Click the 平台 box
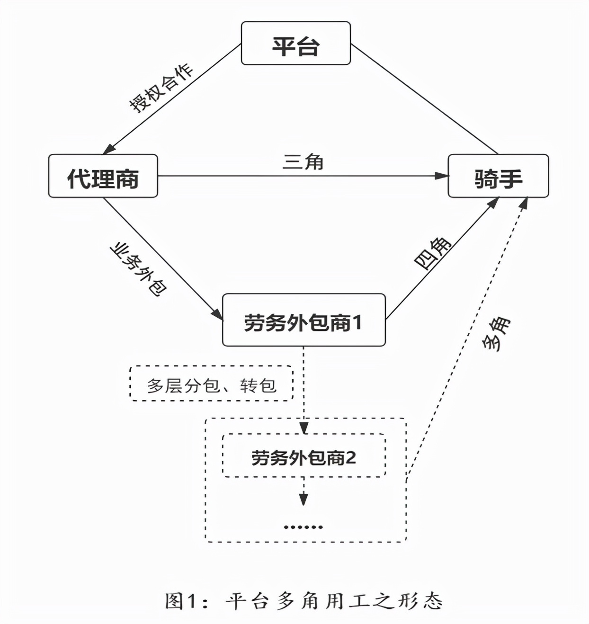(x=295, y=43)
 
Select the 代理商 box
(x=103, y=176)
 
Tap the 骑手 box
(x=498, y=176)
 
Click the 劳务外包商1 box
(x=303, y=320)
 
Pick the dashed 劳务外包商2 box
(x=303, y=455)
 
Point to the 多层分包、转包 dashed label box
(x=211, y=383)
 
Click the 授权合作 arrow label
(x=161, y=88)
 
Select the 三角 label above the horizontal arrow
(x=303, y=161)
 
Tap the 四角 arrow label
(x=433, y=253)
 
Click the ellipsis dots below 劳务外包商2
(x=303, y=526)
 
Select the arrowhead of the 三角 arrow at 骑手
(x=442, y=176)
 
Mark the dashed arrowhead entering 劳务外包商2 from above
(x=303, y=428)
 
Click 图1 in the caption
(x=180, y=601)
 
